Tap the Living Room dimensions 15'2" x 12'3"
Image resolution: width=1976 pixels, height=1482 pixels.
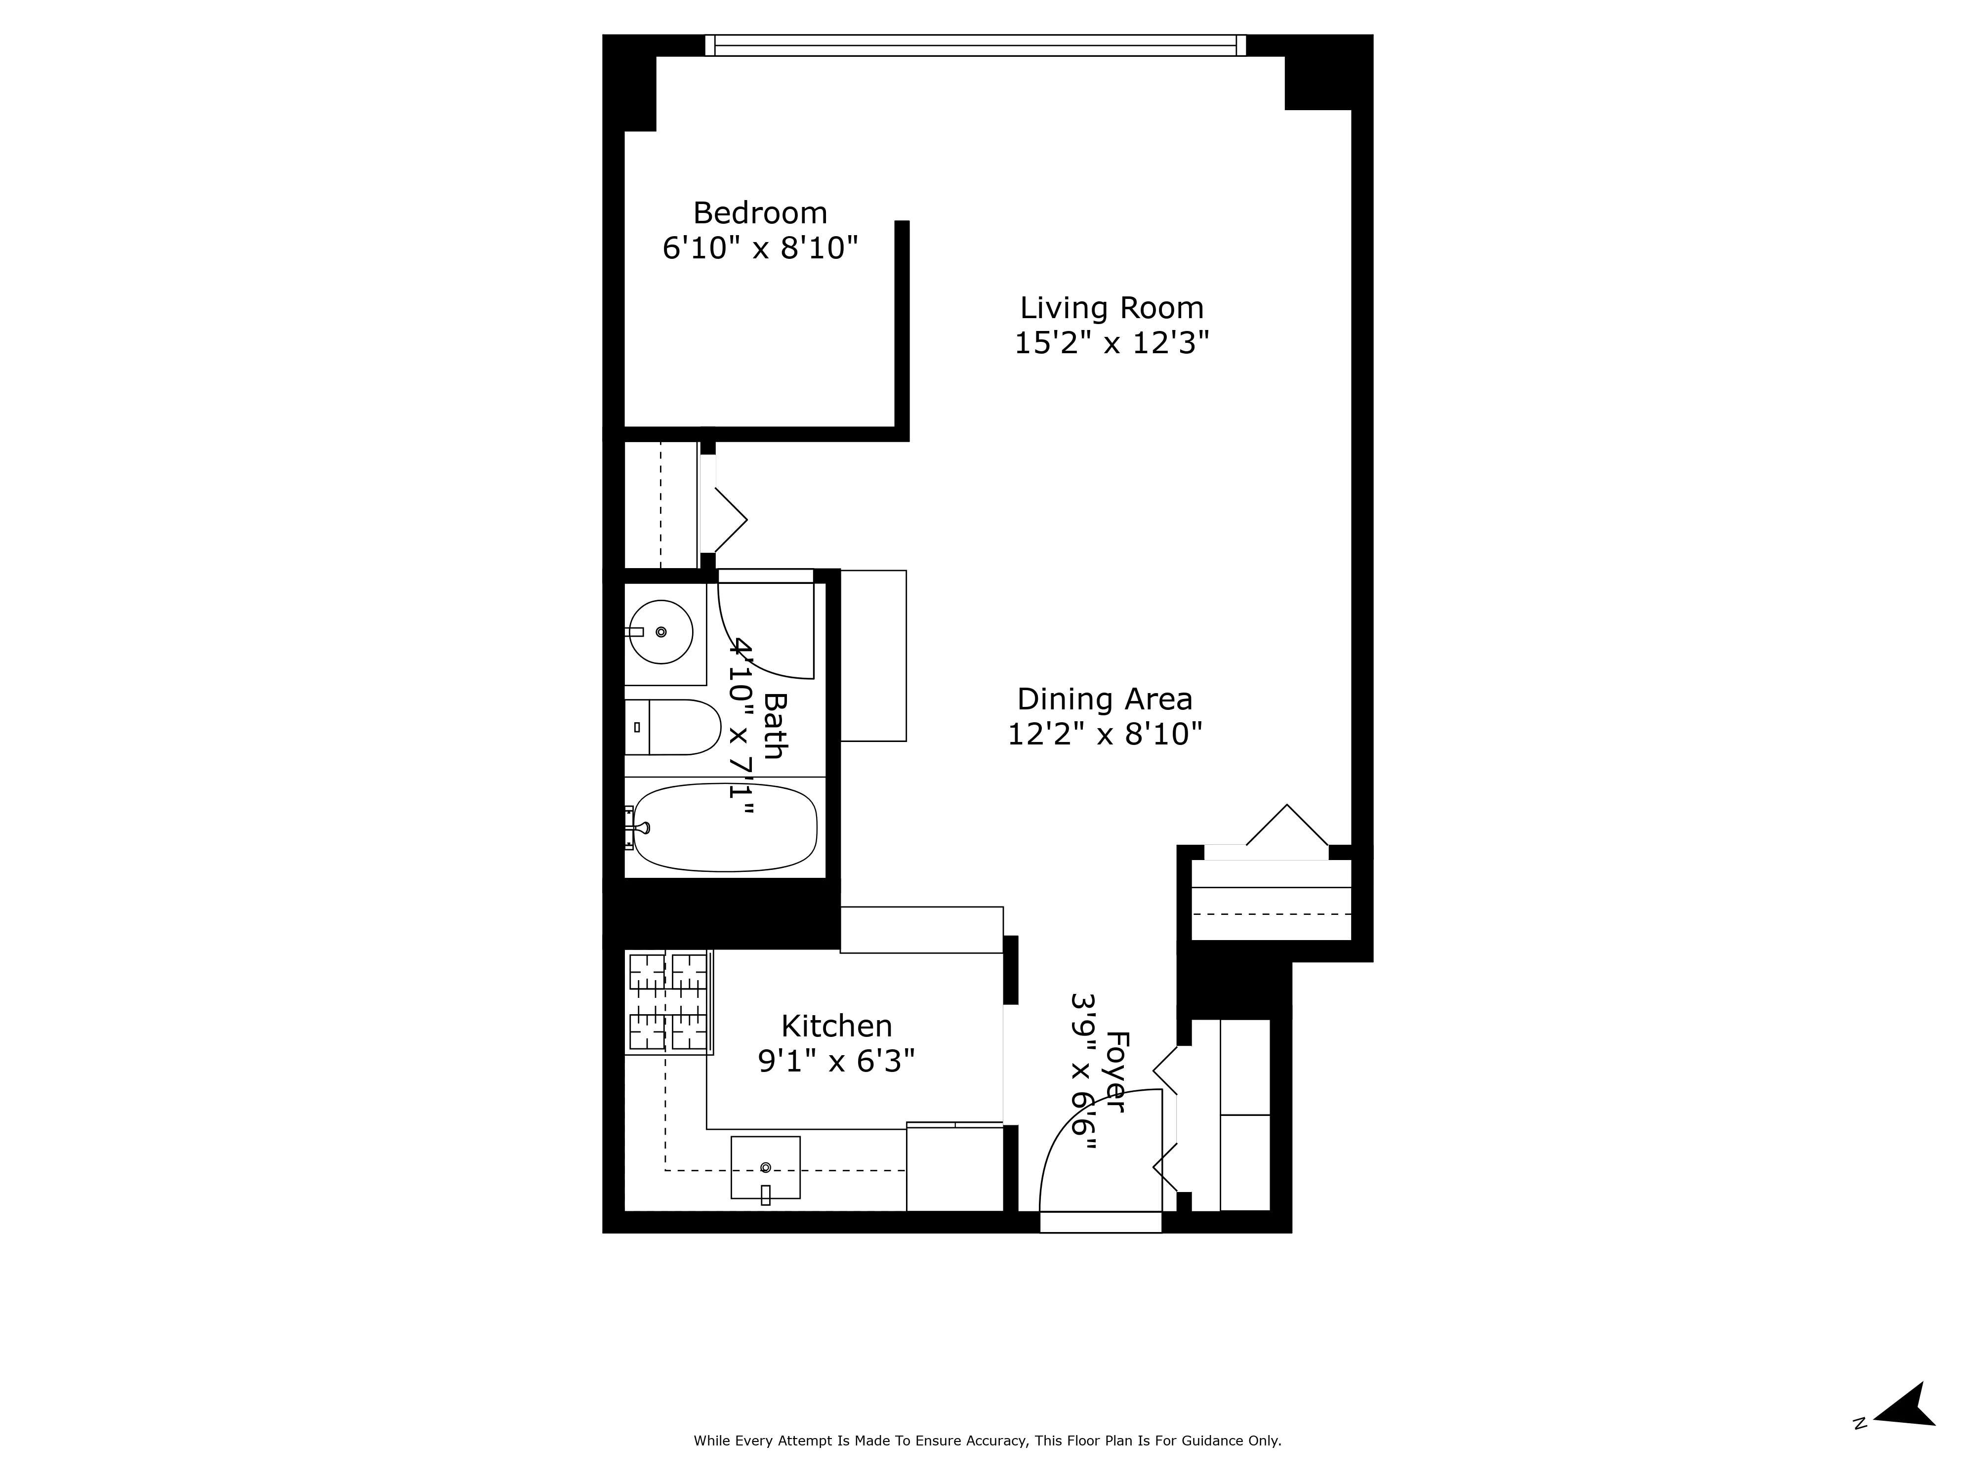point(1111,343)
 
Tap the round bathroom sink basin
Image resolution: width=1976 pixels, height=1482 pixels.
point(660,631)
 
